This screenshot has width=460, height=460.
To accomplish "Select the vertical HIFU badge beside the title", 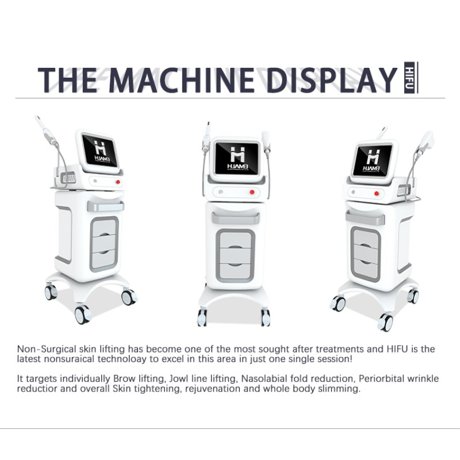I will point(410,78).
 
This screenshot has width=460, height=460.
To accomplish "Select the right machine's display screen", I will point(373,159).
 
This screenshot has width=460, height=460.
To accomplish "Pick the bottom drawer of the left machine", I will point(105,259).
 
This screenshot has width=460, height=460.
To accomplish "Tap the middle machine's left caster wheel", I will point(202,317).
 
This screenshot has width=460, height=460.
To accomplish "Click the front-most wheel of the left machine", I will point(83,315).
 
